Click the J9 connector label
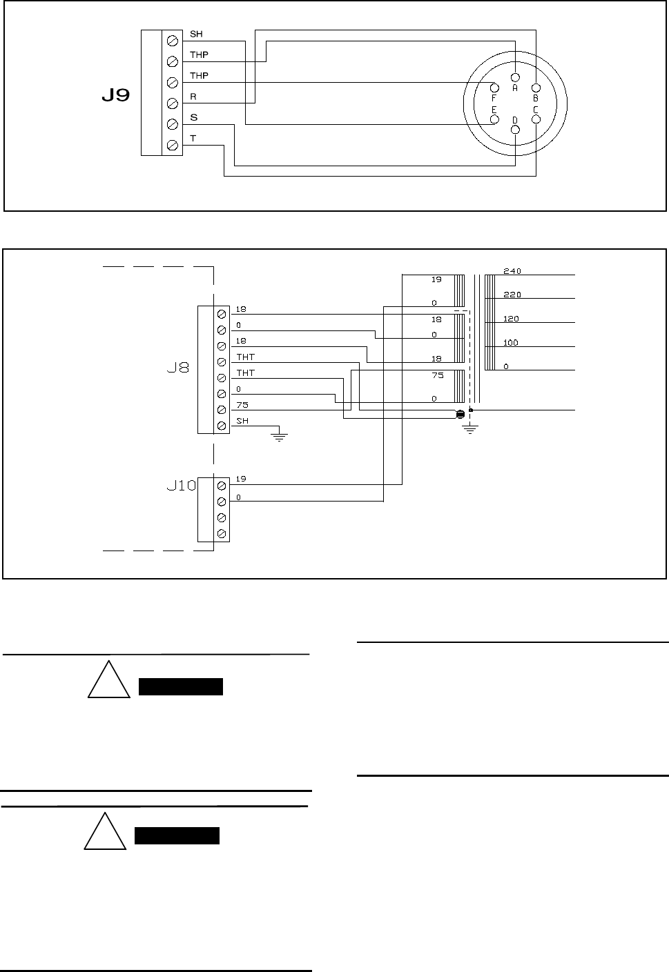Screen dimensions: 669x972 [x=115, y=95]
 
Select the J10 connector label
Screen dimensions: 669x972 [x=182, y=485]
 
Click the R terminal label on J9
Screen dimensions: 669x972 [x=193, y=97]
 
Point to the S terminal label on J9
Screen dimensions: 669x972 [x=194, y=118]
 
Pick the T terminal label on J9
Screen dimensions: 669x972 [x=193, y=139]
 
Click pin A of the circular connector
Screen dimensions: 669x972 [x=515, y=77]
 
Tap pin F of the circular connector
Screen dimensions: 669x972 [x=494, y=88]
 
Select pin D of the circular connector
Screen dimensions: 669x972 [x=515, y=130]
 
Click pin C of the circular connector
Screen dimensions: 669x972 [x=536, y=119]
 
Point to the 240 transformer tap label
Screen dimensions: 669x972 [x=512, y=271]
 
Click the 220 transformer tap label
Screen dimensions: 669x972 [x=512, y=295]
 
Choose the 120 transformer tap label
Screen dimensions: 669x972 [x=512, y=319]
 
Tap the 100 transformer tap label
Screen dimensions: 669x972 [x=512, y=343]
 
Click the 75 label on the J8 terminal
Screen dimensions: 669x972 [x=242, y=406]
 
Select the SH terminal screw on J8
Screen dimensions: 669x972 [x=222, y=426]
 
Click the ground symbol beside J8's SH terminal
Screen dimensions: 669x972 [x=279, y=435]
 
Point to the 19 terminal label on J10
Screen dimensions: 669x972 [x=241, y=479]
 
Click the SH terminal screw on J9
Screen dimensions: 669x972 [x=173, y=41]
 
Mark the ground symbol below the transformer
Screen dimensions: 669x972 [x=469, y=430]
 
